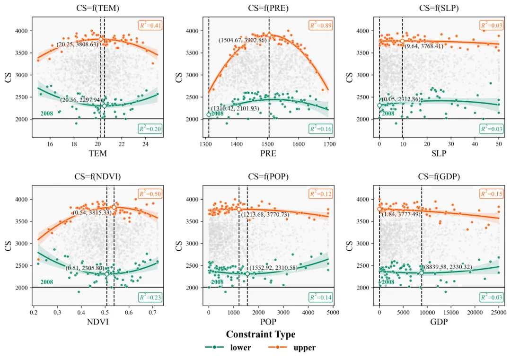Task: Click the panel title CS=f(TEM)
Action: click(x=97, y=8)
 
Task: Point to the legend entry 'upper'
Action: click(x=304, y=348)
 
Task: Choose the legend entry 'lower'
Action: click(x=240, y=348)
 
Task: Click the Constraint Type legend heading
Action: click(x=261, y=334)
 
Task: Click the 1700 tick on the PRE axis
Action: click(x=329, y=144)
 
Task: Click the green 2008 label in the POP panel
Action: click(x=217, y=282)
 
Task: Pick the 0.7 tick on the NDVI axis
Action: click(x=152, y=313)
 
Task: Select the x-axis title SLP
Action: click(x=439, y=154)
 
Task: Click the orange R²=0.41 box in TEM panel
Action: click(x=150, y=25)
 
